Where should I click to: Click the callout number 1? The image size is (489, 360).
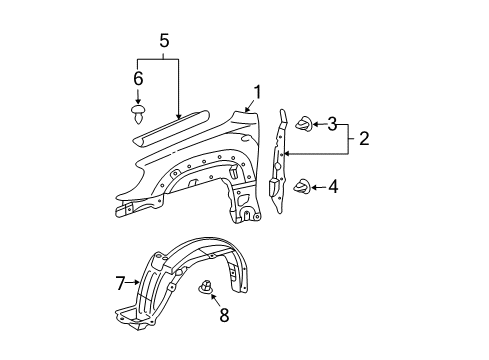click(258, 94)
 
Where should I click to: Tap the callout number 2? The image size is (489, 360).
click(364, 139)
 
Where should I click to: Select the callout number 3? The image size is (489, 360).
click(332, 124)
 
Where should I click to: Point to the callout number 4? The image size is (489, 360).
click(332, 186)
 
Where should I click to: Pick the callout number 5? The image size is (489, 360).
click(165, 42)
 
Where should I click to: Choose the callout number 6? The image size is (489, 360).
click(139, 77)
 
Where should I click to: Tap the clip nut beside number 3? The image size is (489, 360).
click(301, 124)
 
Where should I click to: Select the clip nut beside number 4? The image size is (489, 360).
click(301, 185)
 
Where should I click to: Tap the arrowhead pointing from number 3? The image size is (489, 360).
click(312, 124)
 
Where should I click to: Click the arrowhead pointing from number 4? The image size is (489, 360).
click(312, 186)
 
